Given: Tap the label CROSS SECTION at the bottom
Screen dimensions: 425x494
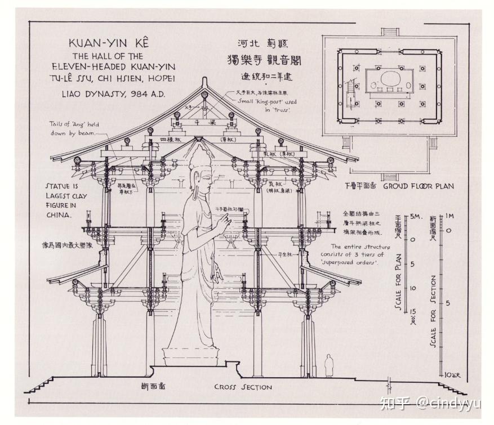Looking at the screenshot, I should [243, 387].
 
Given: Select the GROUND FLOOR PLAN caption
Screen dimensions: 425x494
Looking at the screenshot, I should [419, 186].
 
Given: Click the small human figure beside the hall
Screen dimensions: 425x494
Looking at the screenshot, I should [328, 365].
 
